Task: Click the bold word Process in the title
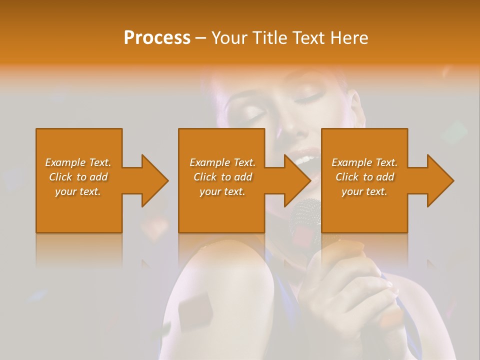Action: (157, 38)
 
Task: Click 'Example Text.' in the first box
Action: (78, 162)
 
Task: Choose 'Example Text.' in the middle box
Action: (222, 162)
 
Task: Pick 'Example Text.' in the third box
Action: (364, 162)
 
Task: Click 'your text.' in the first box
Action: (78, 191)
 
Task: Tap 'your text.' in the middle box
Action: (222, 191)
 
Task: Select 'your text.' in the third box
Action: (364, 191)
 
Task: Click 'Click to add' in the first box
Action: (78, 177)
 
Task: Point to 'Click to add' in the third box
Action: (364, 177)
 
